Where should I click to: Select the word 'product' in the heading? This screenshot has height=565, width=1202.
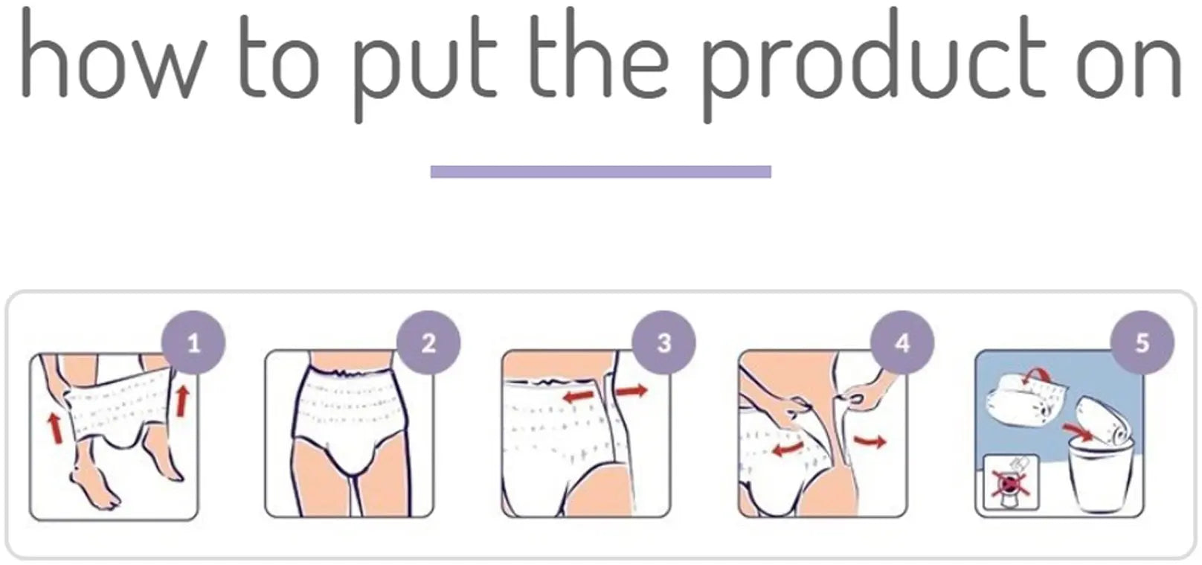(874, 67)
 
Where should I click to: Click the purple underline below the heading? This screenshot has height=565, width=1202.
(600, 172)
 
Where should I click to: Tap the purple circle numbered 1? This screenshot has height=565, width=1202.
(193, 343)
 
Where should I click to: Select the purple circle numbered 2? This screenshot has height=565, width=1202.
(428, 343)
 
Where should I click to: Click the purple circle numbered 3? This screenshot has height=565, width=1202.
(663, 343)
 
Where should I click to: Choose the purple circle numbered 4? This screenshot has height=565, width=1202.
(901, 343)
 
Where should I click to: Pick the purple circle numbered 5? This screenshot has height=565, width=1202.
(1142, 343)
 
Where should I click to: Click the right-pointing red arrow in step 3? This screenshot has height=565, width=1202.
(631, 390)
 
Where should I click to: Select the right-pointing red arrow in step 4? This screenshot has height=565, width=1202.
(870, 441)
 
